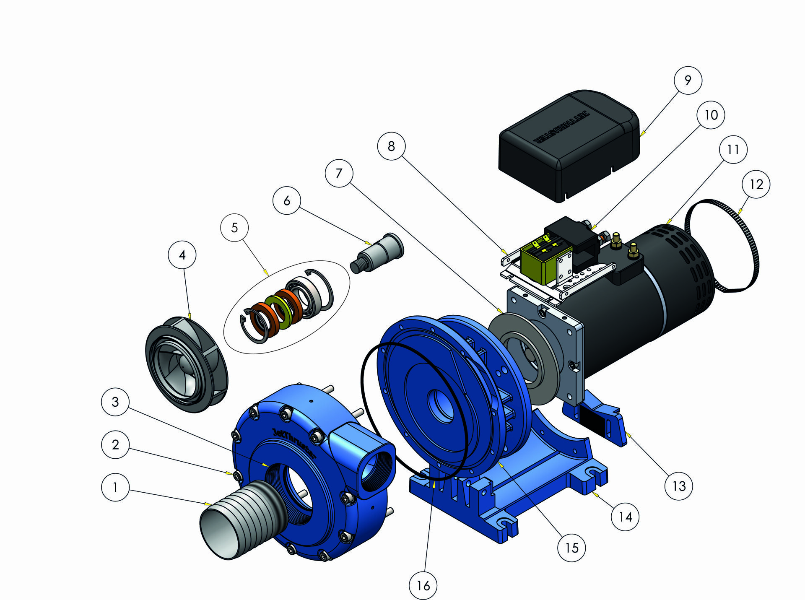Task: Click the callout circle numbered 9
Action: pyautogui.click(x=688, y=80)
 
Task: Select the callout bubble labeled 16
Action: pyautogui.click(x=423, y=585)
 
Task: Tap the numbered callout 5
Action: pyautogui.click(x=234, y=228)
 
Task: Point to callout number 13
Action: pyautogui.click(x=679, y=486)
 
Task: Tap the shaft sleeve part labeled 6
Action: pyautogui.click(x=377, y=254)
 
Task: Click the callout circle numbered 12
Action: pyautogui.click(x=756, y=184)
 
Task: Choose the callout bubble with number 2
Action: pyautogui.click(x=115, y=445)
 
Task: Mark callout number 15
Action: pyautogui.click(x=571, y=548)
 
